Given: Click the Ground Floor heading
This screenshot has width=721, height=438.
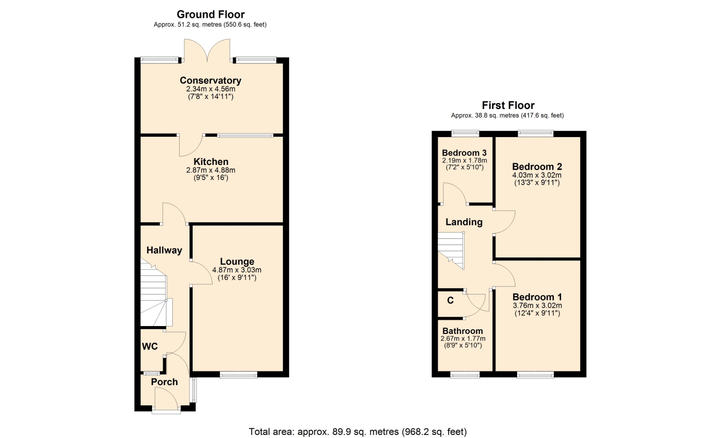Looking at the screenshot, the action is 211,15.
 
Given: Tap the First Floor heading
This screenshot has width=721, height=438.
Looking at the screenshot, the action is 508,105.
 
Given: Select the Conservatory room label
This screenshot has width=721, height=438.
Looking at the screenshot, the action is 211,80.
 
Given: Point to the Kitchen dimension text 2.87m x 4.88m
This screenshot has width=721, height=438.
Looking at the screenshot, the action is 211,170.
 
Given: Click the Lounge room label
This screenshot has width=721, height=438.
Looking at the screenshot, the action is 237,261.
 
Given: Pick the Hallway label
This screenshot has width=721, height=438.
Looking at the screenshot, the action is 164,250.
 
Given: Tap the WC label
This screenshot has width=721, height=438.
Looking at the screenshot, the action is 150,346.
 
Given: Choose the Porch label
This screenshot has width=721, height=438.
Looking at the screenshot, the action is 164,382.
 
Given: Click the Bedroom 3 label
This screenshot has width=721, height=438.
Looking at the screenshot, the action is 464,153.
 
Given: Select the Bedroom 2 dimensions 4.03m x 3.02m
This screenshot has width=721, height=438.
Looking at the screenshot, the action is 537,175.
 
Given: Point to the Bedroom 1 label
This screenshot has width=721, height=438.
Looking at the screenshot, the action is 537,297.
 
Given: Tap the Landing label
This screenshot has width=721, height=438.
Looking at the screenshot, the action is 464,222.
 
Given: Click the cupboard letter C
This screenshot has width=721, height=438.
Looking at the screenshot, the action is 451,301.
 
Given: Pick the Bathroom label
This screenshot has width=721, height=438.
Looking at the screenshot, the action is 463,331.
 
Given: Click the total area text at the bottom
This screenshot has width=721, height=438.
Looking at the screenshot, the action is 358,432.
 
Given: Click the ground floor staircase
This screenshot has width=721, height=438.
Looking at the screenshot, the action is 156,293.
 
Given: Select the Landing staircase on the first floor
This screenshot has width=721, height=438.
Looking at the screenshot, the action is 451,250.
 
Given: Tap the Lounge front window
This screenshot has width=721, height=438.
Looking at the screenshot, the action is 238,375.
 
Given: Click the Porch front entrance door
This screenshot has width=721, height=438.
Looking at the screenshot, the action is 166,399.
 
